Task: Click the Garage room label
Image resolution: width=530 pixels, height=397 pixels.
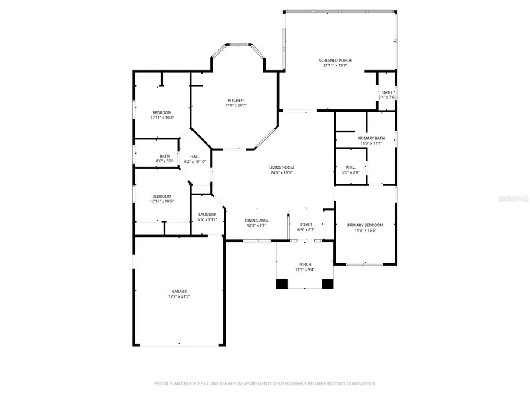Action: point(179,291)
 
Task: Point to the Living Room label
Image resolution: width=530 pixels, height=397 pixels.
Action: point(282,168)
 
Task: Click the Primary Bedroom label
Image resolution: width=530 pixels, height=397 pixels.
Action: point(365,225)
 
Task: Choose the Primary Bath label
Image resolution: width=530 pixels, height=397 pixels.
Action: point(371,138)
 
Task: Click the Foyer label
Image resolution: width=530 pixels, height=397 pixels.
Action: point(306,225)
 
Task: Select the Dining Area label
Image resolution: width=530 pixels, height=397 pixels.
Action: point(256,221)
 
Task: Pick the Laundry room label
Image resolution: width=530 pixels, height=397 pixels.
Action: point(207,215)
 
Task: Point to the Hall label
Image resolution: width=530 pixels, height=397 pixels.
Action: point(195,156)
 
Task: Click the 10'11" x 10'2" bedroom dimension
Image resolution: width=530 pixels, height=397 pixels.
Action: point(162,118)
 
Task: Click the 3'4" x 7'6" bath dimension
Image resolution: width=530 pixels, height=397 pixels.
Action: point(387,98)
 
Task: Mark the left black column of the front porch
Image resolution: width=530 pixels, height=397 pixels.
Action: point(283,284)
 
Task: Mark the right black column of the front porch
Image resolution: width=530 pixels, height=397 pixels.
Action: point(327,284)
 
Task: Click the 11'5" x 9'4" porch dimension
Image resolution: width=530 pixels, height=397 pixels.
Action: point(304,270)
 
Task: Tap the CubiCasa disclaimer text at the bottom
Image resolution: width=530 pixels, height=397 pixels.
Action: point(265,383)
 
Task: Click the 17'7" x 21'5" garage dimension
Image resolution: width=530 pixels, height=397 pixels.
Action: point(179,296)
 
